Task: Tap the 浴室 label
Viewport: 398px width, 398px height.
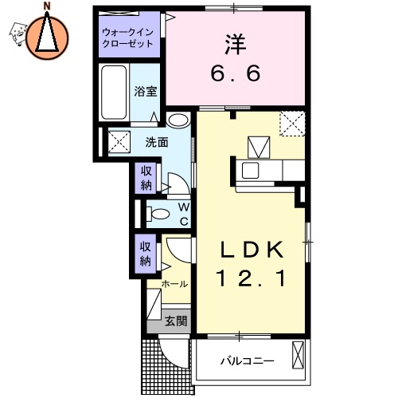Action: (x=146, y=92)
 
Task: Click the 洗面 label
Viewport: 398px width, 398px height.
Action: (x=156, y=143)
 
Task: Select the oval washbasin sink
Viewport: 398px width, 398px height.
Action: (x=179, y=121)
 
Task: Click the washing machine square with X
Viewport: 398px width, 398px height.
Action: (x=119, y=142)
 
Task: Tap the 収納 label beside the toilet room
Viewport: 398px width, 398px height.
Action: (x=146, y=178)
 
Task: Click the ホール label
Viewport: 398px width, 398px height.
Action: (x=174, y=284)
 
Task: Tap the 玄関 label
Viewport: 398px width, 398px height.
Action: (x=176, y=321)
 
